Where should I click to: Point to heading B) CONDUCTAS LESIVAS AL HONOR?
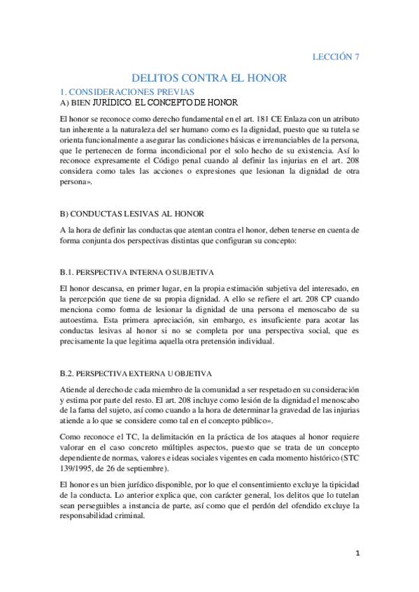click(143, 213)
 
